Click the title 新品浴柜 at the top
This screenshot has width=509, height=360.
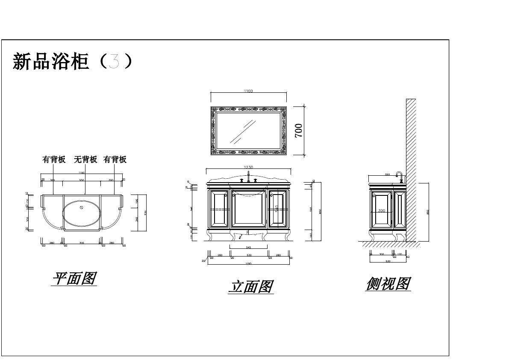click(x=51, y=62)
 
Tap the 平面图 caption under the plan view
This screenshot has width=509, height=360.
click(x=74, y=279)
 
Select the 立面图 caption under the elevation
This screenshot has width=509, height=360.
click(x=250, y=286)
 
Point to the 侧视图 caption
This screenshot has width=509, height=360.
click(x=388, y=283)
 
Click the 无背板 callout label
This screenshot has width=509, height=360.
click(x=85, y=159)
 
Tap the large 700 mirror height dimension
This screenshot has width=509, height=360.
click(x=298, y=130)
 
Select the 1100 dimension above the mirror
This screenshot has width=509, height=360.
click(x=248, y=91)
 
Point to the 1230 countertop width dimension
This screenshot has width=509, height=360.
click(x=248, y=167)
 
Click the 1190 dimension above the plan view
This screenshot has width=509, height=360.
click(x=82, y=173)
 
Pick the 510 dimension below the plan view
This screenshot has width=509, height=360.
click(x=82, y=243)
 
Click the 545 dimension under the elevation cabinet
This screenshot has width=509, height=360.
click(x=248, y=248)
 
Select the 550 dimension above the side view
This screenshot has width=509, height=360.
click(x=387, y=175)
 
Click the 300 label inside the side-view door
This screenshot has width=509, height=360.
click(x=382, y=211)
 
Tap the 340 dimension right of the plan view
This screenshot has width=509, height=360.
click(x=136, y=219)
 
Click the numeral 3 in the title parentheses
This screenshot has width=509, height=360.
click(x=114, y=62)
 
